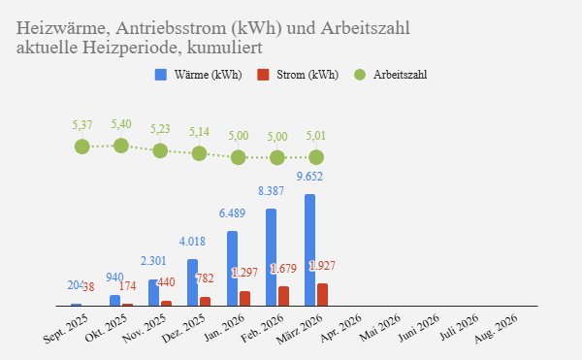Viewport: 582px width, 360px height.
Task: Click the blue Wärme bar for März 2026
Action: (310, 250)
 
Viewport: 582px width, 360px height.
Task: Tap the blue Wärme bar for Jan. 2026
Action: (233, 269)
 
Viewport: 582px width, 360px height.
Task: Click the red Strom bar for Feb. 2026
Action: (283, 296)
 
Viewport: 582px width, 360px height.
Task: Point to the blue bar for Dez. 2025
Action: (193, 282)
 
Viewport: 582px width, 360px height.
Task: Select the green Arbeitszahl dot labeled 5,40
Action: (121, 146)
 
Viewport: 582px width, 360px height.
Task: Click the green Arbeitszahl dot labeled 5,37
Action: (82, 147)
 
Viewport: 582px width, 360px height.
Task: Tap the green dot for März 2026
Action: (316, 156)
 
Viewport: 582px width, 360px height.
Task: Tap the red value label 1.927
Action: (322, 265)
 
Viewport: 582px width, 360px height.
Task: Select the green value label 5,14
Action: (199, 132)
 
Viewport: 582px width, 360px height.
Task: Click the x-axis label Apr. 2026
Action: (343, 327)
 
